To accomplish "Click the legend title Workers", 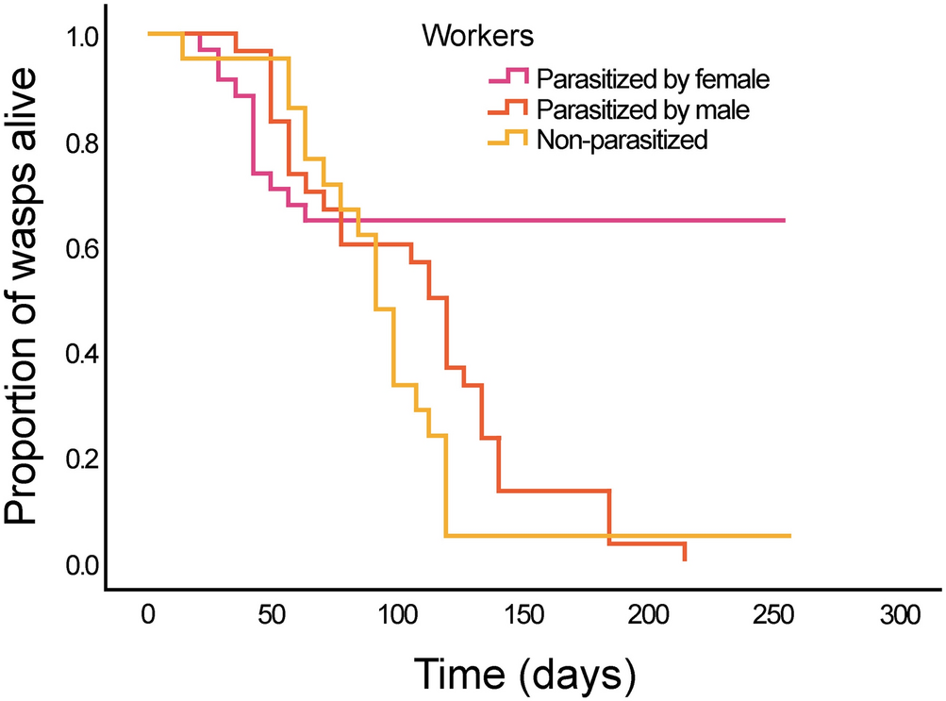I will click(x=478, y=37).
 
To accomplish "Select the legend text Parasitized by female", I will click(x=653, y=78).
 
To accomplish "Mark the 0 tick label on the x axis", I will click(x=149, y=614).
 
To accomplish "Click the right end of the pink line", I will click(x=784, y=220).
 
